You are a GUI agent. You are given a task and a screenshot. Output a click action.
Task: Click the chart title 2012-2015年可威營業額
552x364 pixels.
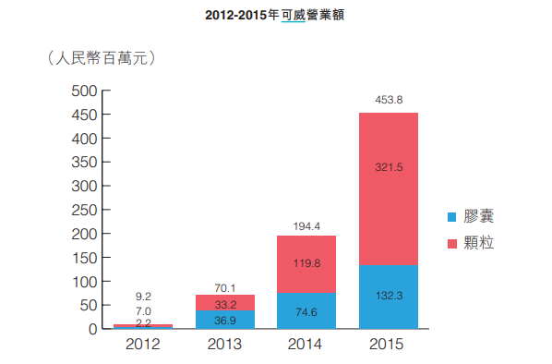pyautogui.click(x=276, y=17)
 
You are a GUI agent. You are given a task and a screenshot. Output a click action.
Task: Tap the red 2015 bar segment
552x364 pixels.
pyautogui.click(x=388, y=189)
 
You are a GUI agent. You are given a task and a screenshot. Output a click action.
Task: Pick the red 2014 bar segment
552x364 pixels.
pyautogui.click(x=306, y=264)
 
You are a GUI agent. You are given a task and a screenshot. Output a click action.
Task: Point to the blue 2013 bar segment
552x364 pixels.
pyautogui.click(x=225, y=319)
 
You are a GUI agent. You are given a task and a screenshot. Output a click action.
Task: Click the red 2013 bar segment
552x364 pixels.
pyautogui.click(x=225, y=302)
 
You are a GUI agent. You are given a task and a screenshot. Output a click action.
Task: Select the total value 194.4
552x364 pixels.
pyautogui.click(x=306, y=224)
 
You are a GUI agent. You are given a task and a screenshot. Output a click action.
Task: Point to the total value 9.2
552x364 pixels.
pyautogui.click(x=143, y=296)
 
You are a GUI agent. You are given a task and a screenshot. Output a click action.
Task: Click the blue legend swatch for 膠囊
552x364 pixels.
pyautogui.click(x=451, y=217)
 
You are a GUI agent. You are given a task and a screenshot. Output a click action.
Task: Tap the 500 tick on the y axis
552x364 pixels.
pyautogui.click(x=84, y=91)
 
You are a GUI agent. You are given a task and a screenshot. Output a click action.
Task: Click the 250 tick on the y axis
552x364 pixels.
pyautogui.click(x=84, y=210)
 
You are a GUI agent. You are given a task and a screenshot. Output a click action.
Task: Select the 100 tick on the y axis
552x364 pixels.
pyautogui.click(x=84, y=281)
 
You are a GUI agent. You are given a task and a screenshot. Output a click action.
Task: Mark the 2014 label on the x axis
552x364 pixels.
pyautogui.click(x=306, y=346)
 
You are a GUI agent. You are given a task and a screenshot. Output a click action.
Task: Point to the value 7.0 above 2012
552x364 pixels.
pyautogui.click(x=143, y=310)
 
